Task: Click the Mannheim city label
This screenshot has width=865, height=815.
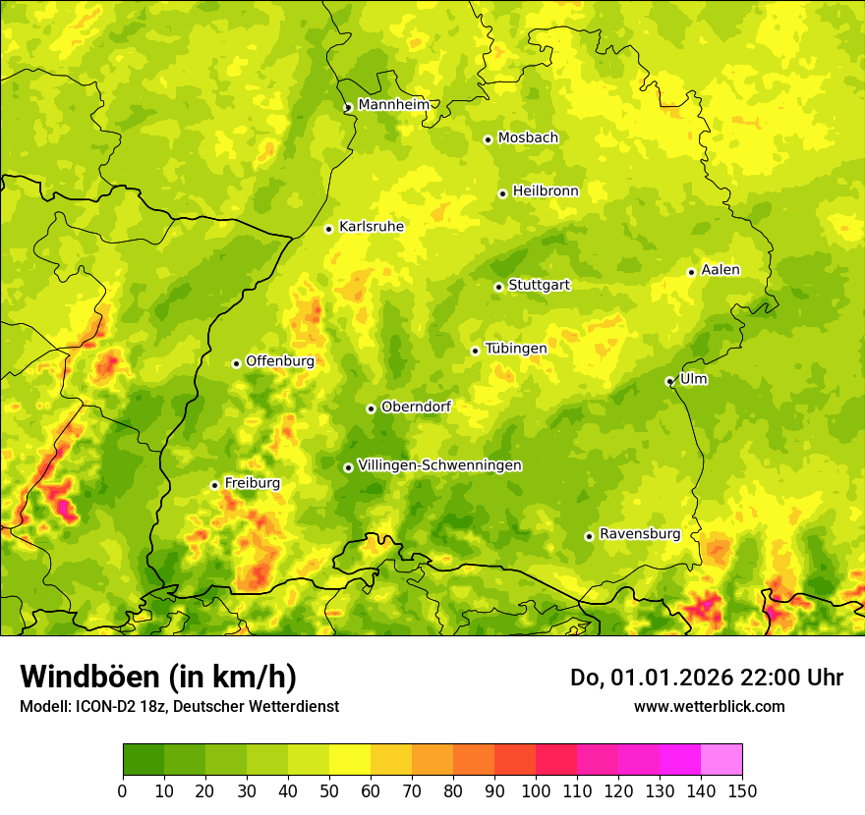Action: point(393,105)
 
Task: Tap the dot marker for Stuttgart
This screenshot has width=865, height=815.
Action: point(498,287)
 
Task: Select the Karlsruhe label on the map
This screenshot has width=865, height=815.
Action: point(371,227)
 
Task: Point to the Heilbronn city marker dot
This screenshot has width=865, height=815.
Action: point(502,193)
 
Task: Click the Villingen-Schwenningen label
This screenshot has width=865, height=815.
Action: point(439,465)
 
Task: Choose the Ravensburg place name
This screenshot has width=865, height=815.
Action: point(639,534)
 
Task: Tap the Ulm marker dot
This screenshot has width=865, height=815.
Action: point(669,381)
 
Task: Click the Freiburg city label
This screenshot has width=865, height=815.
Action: point(252,483)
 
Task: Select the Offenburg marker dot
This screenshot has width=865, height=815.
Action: point(236,363)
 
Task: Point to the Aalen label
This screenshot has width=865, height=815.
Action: point(720,270)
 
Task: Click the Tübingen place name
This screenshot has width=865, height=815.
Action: point(515,349)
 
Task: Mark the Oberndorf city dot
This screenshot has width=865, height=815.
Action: point(371,408)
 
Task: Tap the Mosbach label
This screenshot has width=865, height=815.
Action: point(527,138)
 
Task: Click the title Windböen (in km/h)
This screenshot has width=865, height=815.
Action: point(157,677)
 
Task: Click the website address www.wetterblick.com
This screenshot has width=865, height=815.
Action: point(709,706)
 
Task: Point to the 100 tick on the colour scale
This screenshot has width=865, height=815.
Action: point(536,790)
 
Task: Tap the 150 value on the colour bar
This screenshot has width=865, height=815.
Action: point(742,790)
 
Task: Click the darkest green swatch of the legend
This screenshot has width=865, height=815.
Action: point(143,759)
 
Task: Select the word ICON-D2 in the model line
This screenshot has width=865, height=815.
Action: point(104,706)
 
